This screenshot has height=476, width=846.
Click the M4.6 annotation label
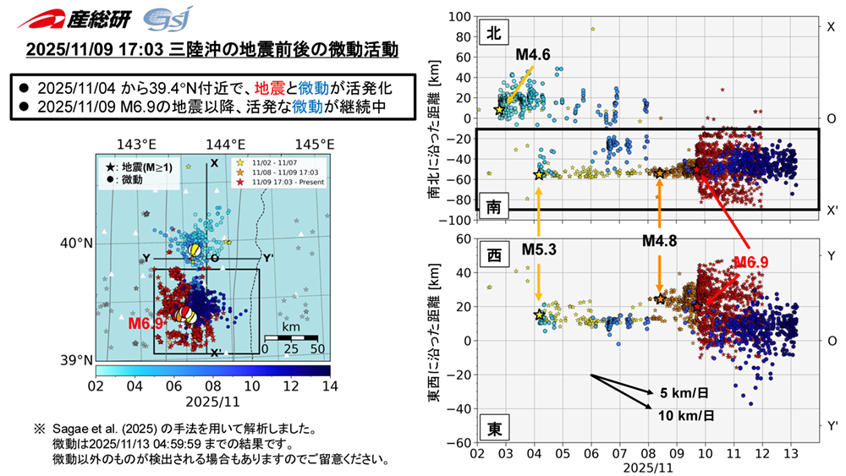click(534, 56)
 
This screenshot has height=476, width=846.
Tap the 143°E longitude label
click(136, 143)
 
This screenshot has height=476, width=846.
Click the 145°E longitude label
click(312, 143)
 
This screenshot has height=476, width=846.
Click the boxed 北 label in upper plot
click(492, 32)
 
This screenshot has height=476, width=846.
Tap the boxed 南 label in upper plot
click(492, 204)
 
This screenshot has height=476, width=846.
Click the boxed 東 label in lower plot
click(492, 428)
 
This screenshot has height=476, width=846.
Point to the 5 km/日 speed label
click(680, 393)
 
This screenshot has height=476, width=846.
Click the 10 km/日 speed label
click(684, 415)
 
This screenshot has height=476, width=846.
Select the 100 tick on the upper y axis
click(458, 17)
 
